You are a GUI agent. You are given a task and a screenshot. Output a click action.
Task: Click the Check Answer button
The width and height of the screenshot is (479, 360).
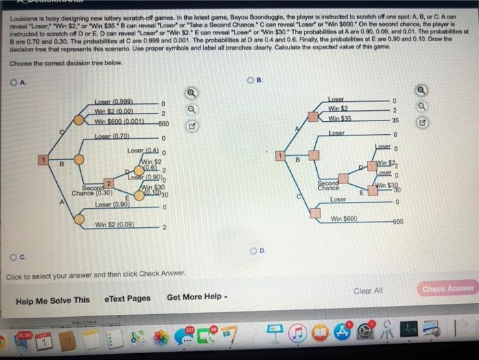click(448, 289)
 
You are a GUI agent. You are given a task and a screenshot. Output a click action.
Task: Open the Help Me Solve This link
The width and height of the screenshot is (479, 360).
click(53, 300)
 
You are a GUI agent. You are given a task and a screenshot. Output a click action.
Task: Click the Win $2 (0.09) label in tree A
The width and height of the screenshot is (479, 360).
click(115, 224)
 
